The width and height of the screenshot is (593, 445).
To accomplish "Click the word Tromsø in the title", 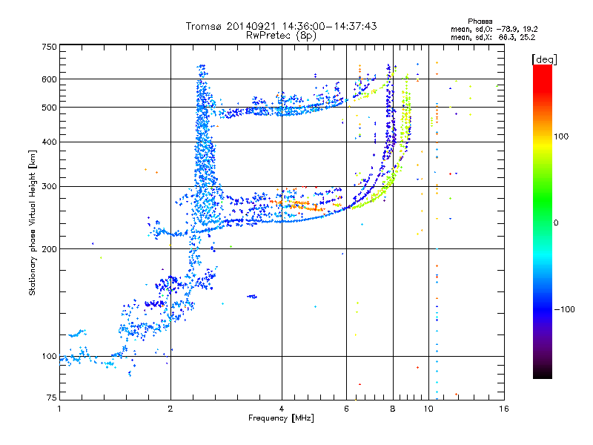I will click(x=205, y=26).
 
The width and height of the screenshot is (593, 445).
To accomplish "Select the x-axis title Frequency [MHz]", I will click(x=282, y=418).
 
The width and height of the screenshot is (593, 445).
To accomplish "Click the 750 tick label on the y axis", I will click(x=49, y=47).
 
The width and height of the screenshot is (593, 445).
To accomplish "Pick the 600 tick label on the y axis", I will click(x=49, y=79).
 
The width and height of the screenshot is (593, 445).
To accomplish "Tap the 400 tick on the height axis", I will click(x=49, y=142).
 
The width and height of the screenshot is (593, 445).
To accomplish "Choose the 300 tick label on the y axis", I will click(x=49, y=186).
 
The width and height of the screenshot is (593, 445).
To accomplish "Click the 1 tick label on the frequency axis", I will click(x=59, y=409).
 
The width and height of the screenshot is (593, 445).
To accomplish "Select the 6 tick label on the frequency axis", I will click(x=347, y=409).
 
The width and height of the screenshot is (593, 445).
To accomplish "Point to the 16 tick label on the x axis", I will click(x=503, y=409).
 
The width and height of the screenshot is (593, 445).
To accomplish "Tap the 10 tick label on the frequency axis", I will click(x=428, y=409).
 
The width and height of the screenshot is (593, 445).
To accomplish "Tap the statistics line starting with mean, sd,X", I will click(x=493, y=36).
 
